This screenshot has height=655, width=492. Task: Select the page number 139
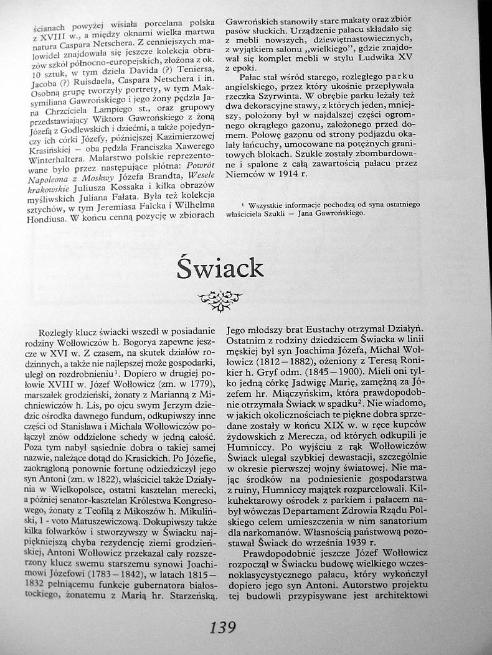coord(223,626)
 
